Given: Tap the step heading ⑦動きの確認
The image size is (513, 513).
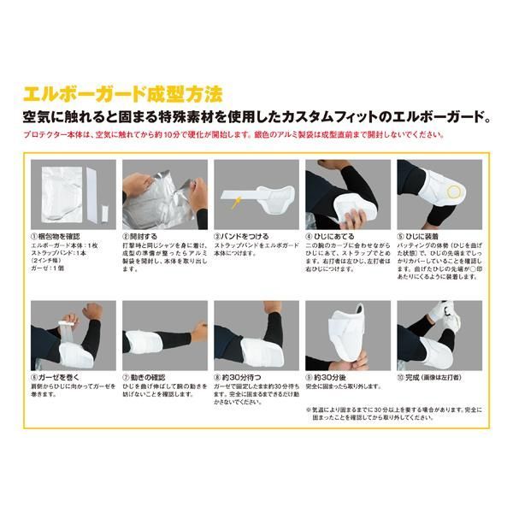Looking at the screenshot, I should coord(147,375).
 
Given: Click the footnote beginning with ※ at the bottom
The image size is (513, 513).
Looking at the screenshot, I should coord(389,415).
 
